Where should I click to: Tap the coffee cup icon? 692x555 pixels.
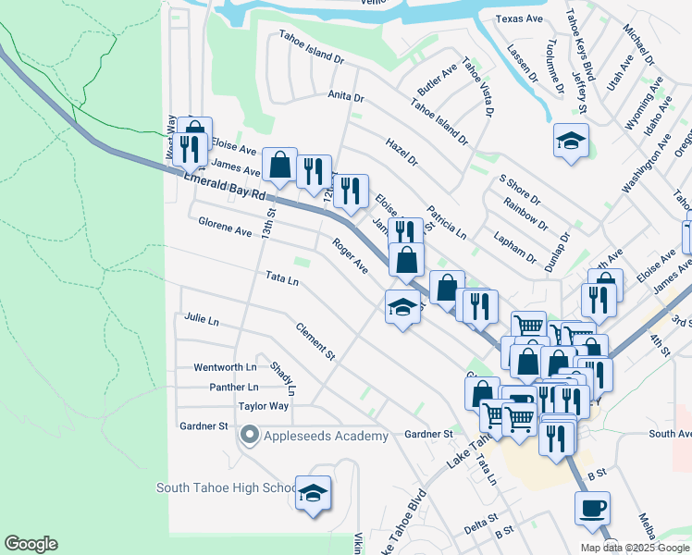(x=592, y=508)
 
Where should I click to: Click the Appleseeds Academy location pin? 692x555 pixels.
(x=249, y=435)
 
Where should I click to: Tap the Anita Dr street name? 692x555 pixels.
(x=346, y=96)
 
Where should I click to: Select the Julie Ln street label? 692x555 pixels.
(x=202, y=320)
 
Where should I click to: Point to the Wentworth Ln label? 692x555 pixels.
(x=223, y=367)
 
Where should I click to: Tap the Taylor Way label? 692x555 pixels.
(x=264, y=406)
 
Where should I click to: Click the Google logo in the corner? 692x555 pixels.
(x=31, y=544)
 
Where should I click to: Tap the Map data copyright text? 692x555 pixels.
(x=636, y=548)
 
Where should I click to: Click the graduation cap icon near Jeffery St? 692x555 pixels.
(x=571, y=142)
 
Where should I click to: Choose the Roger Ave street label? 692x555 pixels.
(x=351, y=256)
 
